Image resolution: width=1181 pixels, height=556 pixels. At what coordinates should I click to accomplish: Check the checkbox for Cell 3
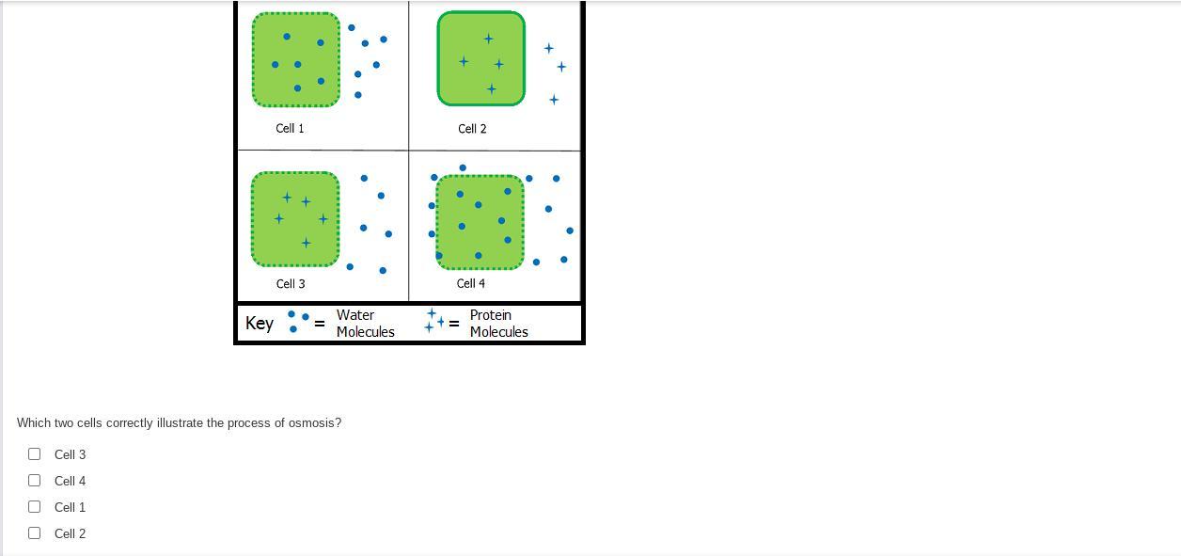click(34, 453)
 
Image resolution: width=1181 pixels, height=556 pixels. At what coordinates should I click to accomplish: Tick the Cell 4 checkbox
click(34, 480)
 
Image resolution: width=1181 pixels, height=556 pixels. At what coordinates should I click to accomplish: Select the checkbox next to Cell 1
click(34, 506)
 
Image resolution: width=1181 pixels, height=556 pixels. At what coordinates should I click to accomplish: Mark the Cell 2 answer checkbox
click(34, 532)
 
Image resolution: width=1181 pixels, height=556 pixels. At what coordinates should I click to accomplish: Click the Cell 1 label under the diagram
click(290, 128)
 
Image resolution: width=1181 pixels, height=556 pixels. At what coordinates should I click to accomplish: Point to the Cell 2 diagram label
click(472, 129)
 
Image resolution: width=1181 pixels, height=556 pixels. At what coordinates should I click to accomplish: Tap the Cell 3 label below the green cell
click(291, 284)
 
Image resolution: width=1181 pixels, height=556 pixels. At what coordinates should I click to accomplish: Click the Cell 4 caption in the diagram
click(471, 283)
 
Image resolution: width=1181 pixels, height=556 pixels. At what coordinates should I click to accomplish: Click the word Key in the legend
click(260, 324)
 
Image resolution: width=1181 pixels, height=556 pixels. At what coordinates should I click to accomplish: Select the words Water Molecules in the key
click(366, 324)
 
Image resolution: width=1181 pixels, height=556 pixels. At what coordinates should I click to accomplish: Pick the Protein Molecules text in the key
click(498, 324)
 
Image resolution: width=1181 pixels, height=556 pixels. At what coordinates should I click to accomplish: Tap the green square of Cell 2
click(480, 58)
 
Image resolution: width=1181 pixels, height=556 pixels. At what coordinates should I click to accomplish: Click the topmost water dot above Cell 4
click(463, 167)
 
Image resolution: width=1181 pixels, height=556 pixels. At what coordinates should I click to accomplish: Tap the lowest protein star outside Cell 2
click(554, 100)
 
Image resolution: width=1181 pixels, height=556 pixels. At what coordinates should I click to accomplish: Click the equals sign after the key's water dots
click(320, 324)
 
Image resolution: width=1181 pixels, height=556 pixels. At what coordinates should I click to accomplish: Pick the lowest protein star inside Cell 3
click(306, 243)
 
